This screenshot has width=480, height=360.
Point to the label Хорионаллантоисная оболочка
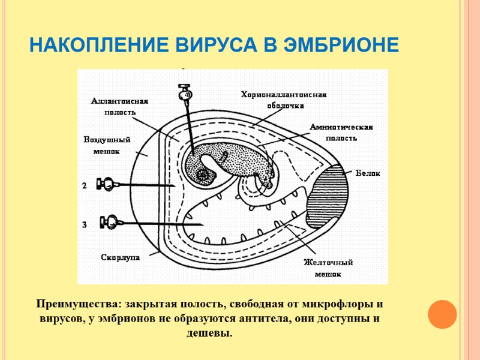(x=284, y=100)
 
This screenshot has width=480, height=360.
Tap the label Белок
(x=368, y=173)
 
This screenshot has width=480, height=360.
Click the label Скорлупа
(x=120, y=257)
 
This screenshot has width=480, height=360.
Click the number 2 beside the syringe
(x=85, y=186)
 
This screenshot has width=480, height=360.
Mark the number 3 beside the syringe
(x=85, y=224)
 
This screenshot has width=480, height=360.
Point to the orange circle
(x=442, y=313)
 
